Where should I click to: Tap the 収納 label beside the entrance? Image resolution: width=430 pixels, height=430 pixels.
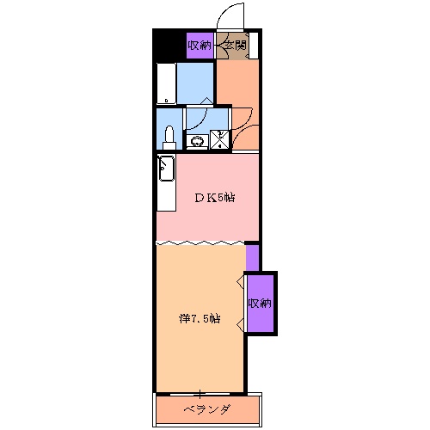[200, 46]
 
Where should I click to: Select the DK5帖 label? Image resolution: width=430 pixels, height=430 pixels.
[213, 198]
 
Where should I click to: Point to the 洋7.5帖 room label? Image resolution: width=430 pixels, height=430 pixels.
[200, 318]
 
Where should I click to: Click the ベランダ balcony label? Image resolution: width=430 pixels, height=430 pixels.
[206, 409]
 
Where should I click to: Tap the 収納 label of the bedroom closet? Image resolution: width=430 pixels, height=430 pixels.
[261, 303]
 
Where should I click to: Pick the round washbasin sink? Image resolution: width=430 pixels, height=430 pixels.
[197, 141]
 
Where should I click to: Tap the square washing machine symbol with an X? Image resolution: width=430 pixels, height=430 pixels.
[220, 138]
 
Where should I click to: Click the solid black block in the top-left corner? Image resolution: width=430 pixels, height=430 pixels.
[168, 45]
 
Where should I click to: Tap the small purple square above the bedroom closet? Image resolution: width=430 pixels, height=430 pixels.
[252, 257]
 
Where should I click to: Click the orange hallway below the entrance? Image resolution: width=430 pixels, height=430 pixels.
[236, 90]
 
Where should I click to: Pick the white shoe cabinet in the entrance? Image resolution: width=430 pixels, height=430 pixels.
[255, 46]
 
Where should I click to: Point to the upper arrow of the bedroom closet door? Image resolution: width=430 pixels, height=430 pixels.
[240, 282]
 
